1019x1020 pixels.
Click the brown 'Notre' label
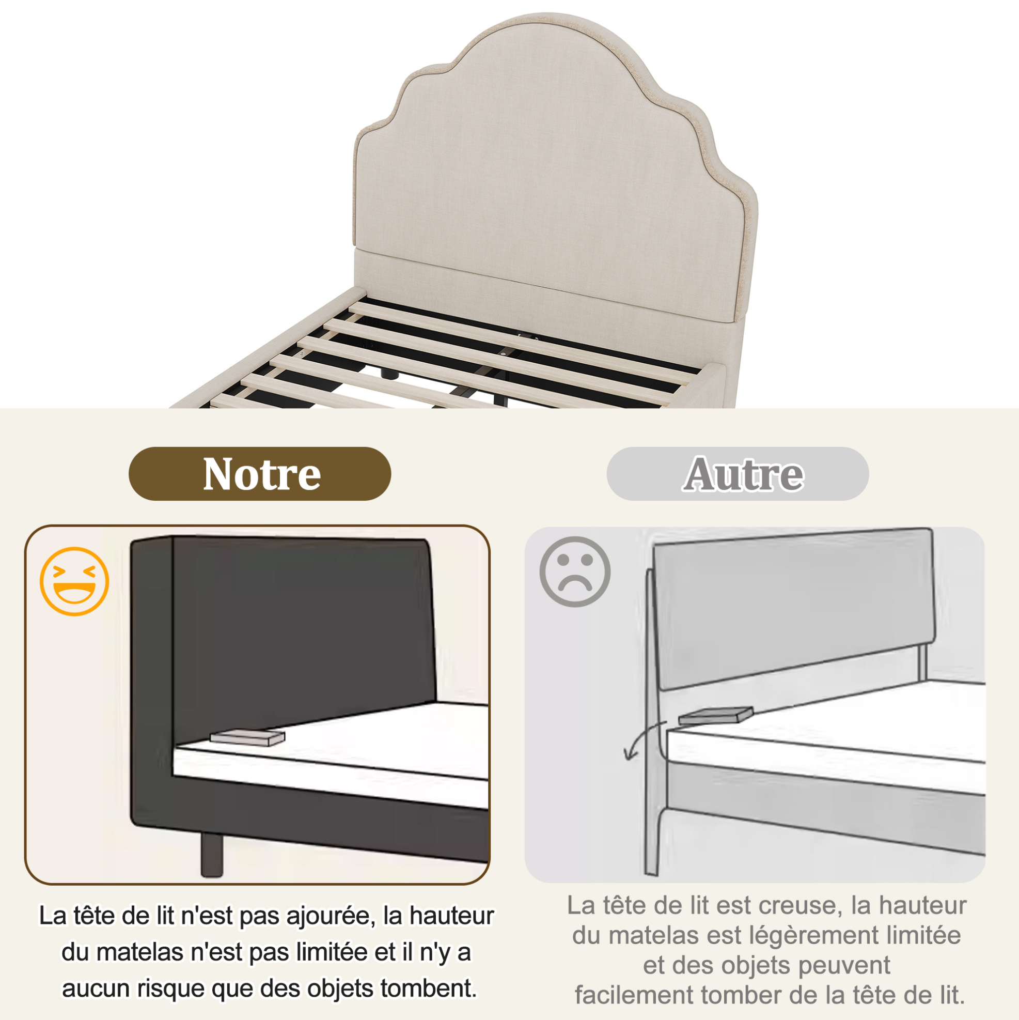coord(260,473)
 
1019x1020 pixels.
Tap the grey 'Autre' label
coord(737,473)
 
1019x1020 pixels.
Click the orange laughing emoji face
coord(74,581)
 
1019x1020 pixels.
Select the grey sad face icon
coord(575,572)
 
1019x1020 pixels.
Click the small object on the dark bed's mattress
coord(247,737)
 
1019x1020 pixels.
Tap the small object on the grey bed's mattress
coord(715,716)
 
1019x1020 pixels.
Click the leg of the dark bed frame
coord(212,855)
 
